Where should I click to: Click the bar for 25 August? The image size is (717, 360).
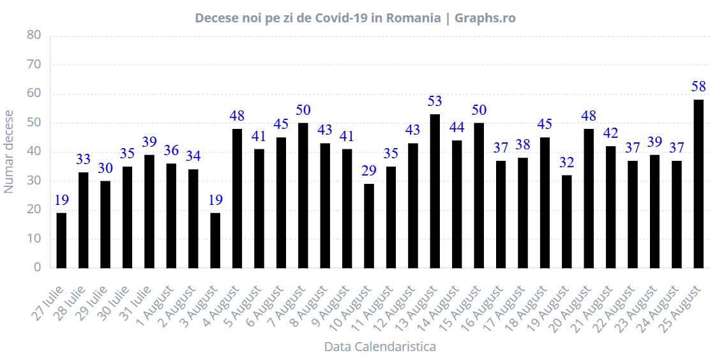tap(698, 184)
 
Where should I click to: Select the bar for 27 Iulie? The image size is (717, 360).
tap(61, 241)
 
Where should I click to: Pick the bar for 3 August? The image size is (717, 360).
tap(215, 241)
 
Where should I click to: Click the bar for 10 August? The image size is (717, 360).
tap(369, 226)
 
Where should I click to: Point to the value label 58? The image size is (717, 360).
tap(698, 86)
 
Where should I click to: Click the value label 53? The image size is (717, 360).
tap(435, 101)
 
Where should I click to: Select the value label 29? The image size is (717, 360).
tap(369, 170)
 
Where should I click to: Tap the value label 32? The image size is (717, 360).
tap(567, 161)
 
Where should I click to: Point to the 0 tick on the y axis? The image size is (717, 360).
tap(38, 267)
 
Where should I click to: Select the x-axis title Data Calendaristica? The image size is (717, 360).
tap(380, 347)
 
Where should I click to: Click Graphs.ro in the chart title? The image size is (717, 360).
tap(485, 18)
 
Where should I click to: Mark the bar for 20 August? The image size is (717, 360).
tap(589, 199)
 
